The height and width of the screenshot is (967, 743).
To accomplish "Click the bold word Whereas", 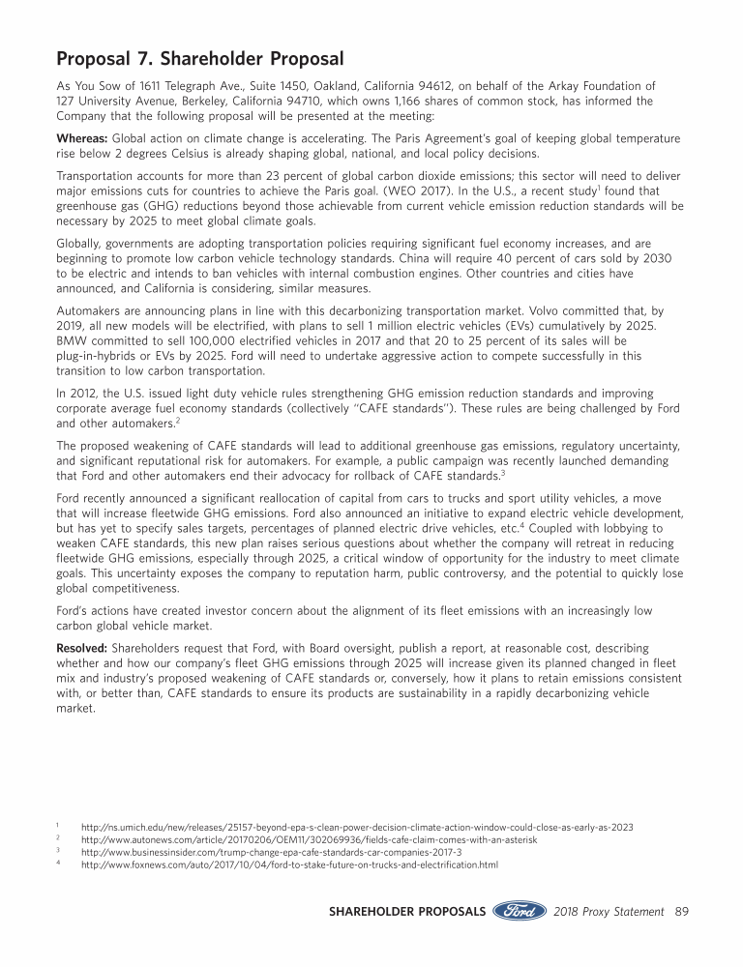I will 82,138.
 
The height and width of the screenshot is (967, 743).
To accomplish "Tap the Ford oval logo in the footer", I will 519,911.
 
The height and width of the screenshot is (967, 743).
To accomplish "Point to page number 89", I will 681,911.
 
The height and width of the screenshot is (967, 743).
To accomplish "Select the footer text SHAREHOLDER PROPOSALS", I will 407,911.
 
